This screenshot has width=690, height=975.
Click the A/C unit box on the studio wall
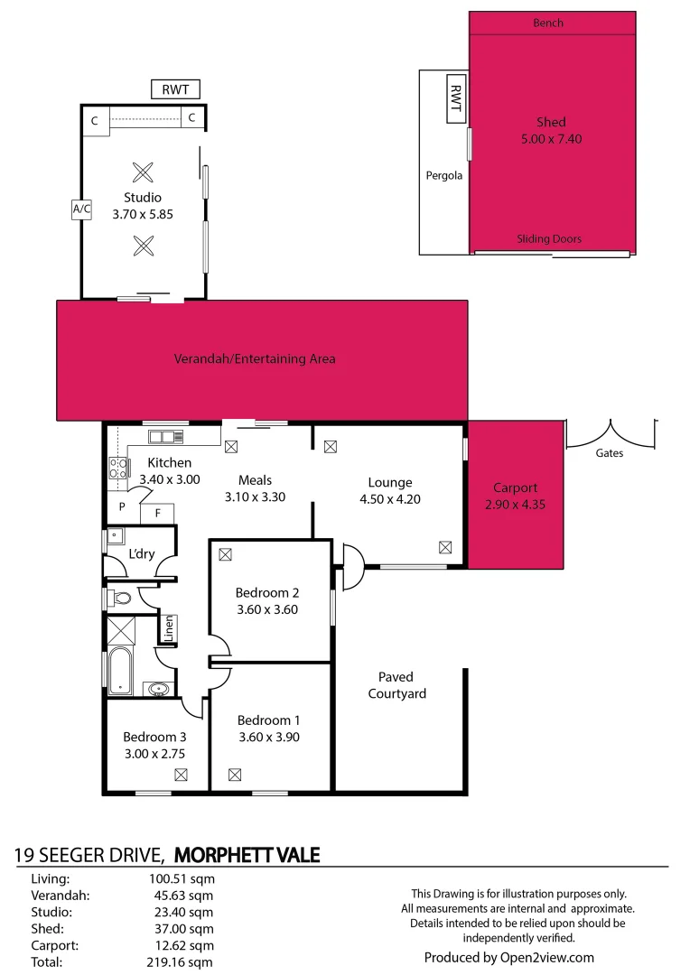click(81, 209)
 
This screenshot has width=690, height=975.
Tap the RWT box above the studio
click(175, 89)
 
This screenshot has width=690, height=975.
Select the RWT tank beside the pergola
click(456, 97)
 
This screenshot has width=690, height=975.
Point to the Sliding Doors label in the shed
click(549, 239)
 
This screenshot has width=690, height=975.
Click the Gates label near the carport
click(609, 453)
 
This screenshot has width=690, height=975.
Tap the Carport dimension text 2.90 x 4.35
click(515, 504)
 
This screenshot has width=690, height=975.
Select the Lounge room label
click(390, 482)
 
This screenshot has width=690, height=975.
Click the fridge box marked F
click(158, 514)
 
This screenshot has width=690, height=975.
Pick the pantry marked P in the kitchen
click(122, 507)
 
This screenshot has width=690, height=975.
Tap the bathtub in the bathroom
click(120, 670)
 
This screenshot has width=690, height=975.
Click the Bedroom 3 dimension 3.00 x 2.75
click(154, 753)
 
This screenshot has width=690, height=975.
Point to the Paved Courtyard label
click(396, 685)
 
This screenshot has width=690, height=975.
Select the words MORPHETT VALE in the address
click(247, 854)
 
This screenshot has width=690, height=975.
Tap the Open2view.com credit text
click(509, 958)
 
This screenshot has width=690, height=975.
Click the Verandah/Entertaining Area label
click(255, 359)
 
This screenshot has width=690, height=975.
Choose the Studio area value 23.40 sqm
click(184, 912)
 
